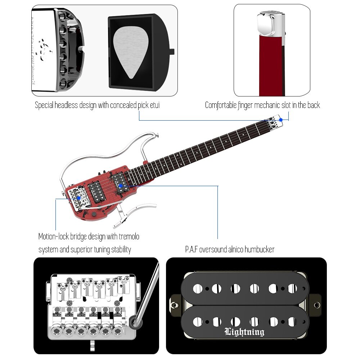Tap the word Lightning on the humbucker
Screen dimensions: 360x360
[244, 332]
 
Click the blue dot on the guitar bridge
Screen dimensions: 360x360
[79, 197]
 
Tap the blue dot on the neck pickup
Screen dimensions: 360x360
[121, 186]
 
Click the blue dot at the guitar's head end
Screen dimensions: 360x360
[281, 120]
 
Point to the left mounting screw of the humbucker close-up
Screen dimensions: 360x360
[175, 305]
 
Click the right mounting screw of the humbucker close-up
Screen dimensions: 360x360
[316, 305]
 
